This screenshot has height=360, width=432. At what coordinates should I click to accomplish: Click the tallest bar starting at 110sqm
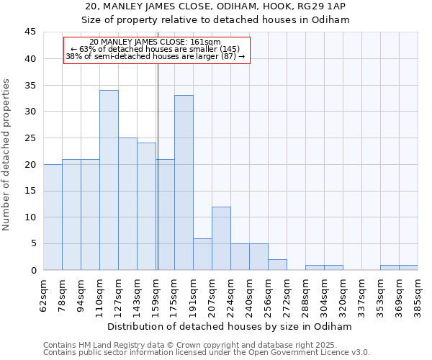point(109,180)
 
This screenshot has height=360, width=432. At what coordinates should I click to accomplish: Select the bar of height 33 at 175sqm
point(184,183)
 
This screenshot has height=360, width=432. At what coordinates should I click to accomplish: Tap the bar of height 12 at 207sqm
point(221,238)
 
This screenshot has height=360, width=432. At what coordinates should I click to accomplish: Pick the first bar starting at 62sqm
point(53,217)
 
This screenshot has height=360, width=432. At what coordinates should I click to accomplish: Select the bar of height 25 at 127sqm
point(127,204)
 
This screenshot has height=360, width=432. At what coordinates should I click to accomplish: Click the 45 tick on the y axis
point(30,32)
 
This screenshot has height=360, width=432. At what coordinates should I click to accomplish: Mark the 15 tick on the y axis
point(30,191)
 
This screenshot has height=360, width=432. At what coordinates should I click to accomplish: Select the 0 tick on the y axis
point(33,270)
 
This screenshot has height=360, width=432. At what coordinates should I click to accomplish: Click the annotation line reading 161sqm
point(156,42)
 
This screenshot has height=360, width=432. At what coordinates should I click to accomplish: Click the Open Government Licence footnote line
point(207,352)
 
